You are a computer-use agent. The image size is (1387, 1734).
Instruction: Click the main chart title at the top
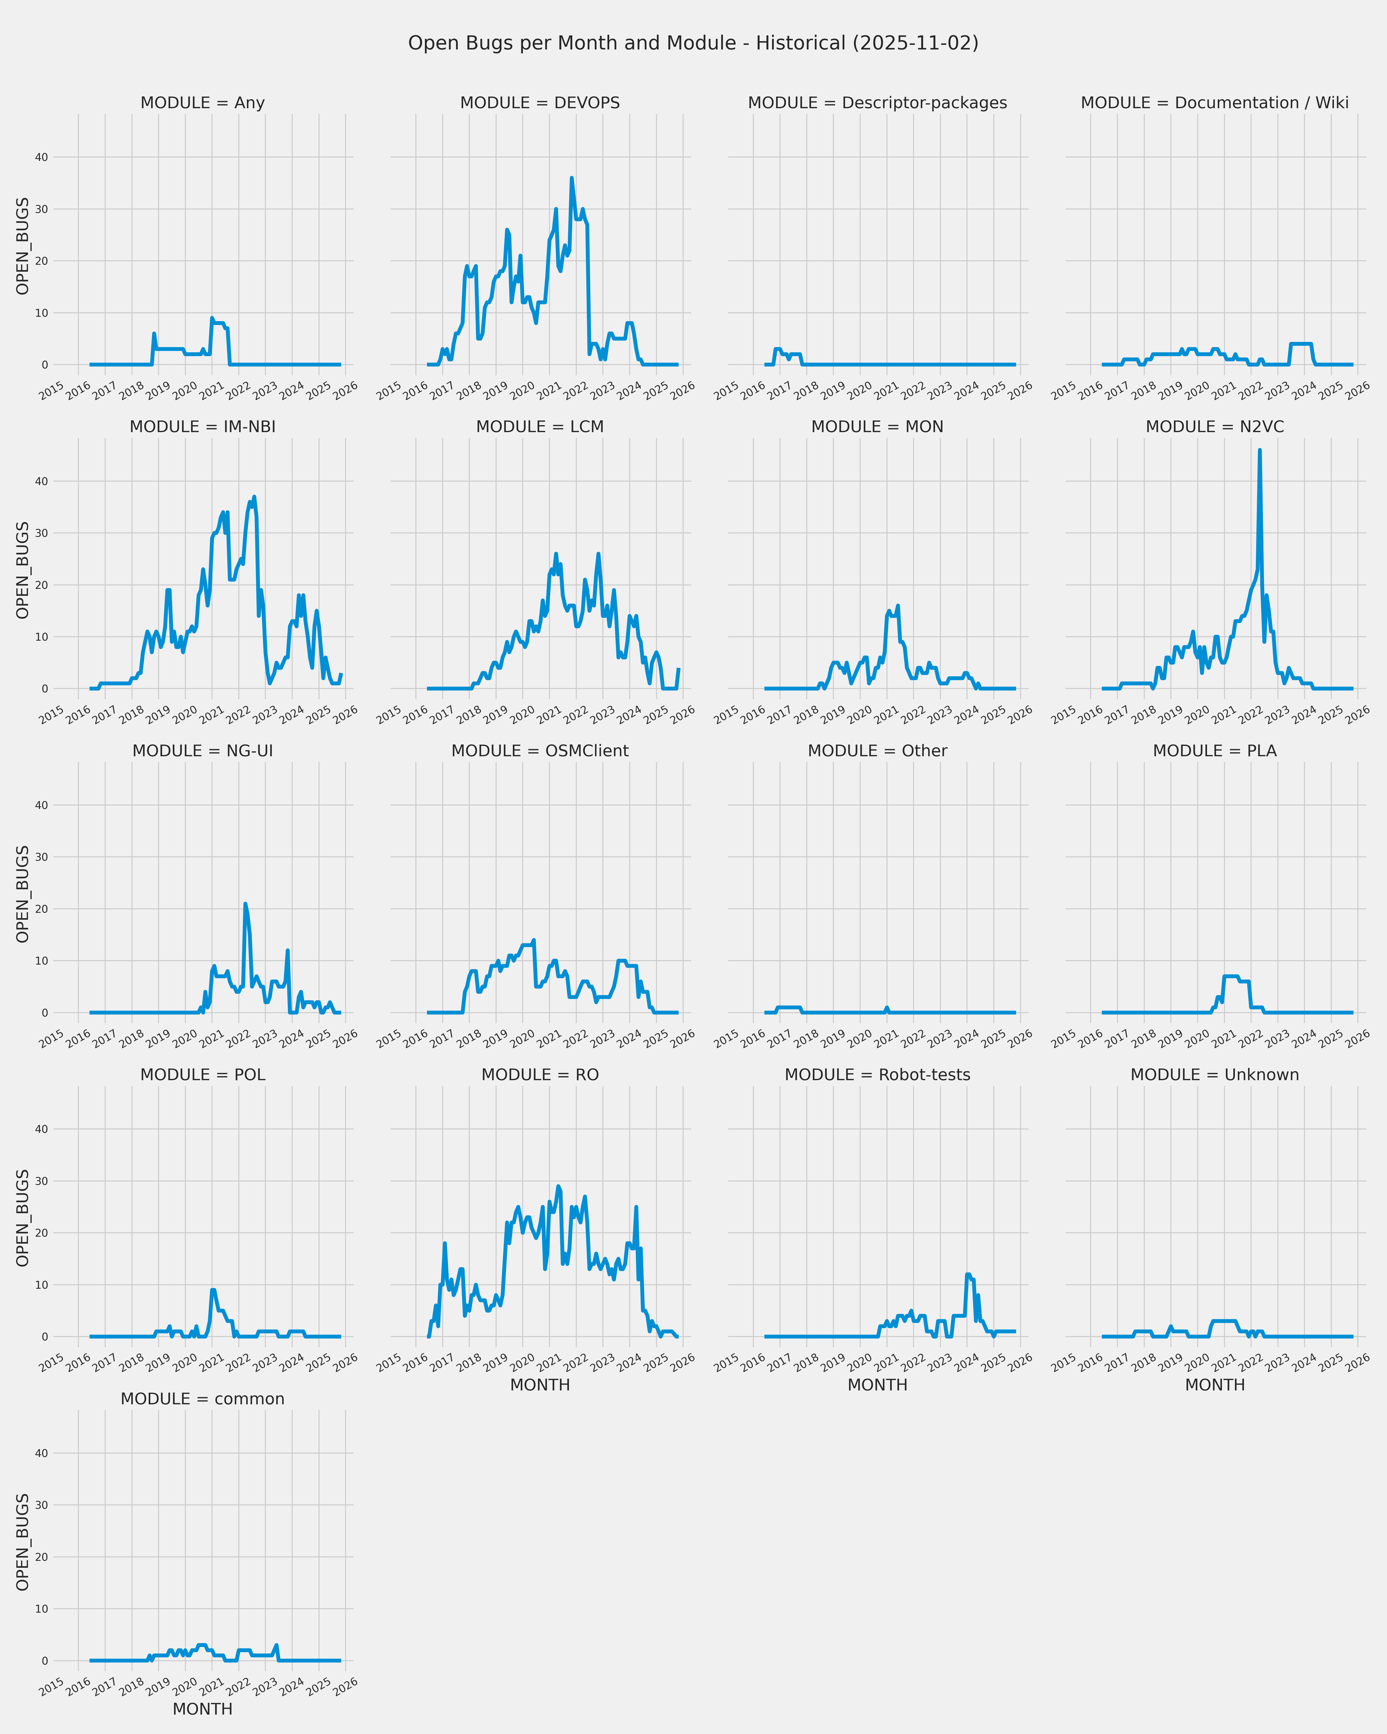pos(693,43)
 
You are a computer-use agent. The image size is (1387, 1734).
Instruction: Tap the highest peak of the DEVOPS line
pos(572,178)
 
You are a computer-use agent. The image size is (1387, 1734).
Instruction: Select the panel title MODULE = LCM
pos(540,427)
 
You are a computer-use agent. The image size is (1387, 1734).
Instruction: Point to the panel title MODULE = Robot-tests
pos(877,1075)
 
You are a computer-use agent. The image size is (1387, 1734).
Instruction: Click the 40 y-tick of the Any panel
pos(41,158)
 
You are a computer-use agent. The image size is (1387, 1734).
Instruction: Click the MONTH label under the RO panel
pos(540,1385)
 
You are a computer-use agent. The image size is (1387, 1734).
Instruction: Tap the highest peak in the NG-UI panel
pos(245,904)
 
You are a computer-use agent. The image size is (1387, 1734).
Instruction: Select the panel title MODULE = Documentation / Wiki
pos(1214,103)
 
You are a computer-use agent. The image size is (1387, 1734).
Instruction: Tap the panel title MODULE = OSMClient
pos(540,751)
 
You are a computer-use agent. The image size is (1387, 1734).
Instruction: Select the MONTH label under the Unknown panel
pos(1214,1385)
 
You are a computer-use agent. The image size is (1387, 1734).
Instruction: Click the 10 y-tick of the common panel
pos(41,1608)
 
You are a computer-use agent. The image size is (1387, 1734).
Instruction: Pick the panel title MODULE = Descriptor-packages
pos(877,103)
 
